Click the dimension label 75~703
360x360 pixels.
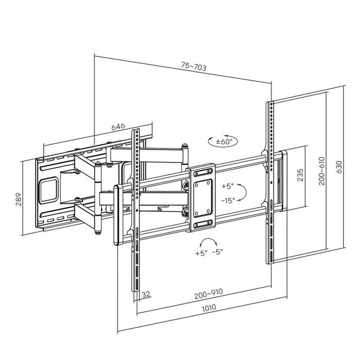(195, 67)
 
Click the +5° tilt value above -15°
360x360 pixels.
(228, 186)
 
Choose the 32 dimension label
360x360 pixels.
(147, 295)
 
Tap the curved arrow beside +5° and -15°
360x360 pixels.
(244, 193)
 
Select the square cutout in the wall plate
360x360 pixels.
(49, 189)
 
